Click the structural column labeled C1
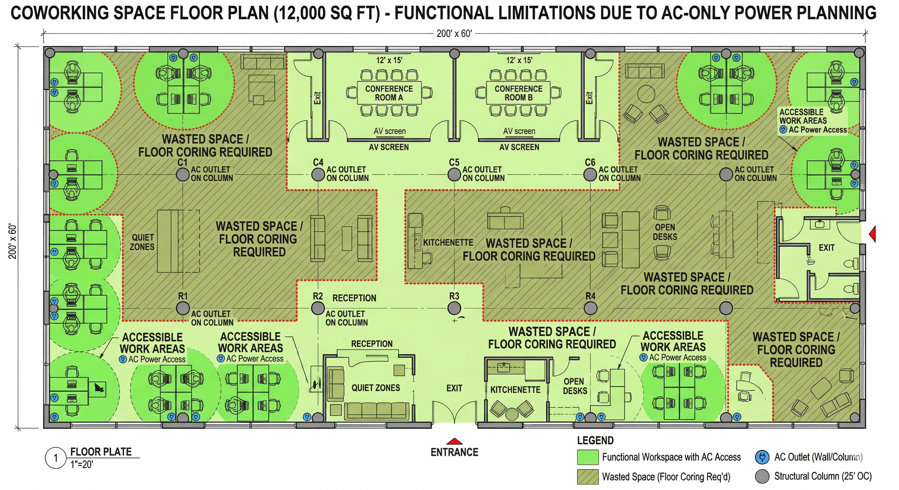point(183,175)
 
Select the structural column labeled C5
point(454,175)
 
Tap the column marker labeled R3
point(454,308)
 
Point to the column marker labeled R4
point(590,308)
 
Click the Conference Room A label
point(389,93)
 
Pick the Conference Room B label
point(518,93)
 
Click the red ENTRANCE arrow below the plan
point(454,442)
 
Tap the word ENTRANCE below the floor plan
point(454,452)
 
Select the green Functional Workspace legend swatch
point(588,457)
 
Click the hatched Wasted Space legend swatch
point(588,477)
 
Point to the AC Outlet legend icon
point(762,457)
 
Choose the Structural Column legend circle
point(762,476)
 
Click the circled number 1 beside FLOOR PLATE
point(56,458)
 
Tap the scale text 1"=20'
point(82,465)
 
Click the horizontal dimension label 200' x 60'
point(454,34)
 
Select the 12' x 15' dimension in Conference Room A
point(389,60)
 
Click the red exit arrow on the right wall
point(872,234)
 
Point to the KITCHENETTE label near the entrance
point(515,390)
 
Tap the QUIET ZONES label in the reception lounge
point(376,388)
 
